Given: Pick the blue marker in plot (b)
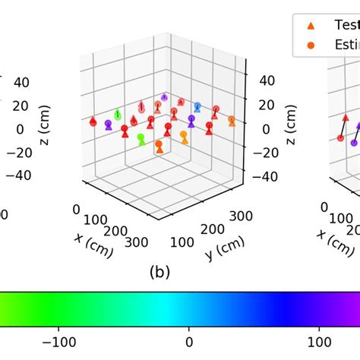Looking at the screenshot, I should tap(197, 106).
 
